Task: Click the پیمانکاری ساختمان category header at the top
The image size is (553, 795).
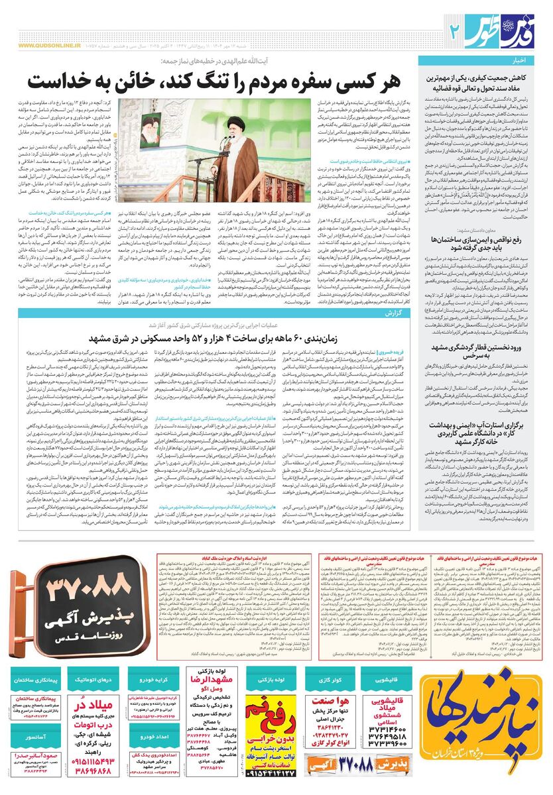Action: (39, 680)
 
